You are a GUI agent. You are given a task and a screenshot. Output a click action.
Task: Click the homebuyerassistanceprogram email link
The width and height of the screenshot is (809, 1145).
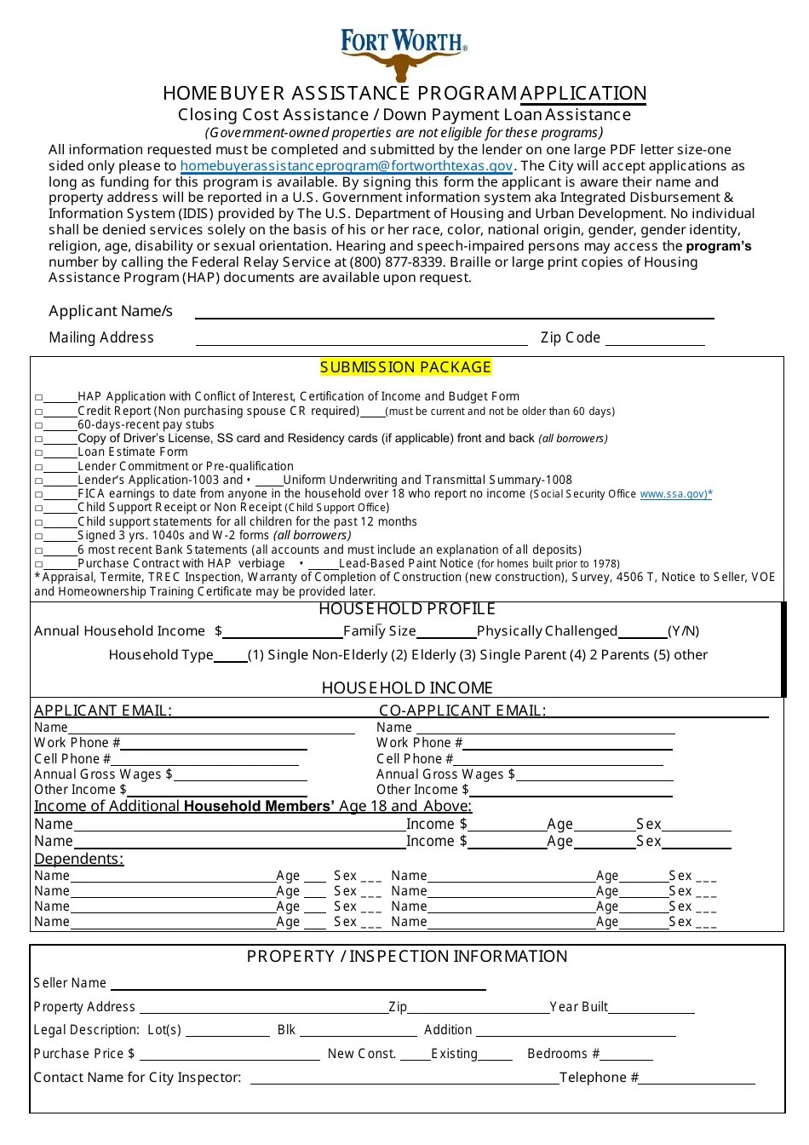(347, 166)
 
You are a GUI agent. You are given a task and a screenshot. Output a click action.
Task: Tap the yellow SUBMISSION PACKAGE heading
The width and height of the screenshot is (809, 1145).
(406, 367)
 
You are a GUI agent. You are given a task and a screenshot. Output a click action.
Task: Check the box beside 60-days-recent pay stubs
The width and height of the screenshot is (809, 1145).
(39, 425)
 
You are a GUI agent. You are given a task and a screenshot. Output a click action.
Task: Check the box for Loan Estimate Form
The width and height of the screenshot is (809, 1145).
(39, 453)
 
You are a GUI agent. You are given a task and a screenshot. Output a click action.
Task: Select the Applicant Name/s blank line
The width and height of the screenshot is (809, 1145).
(454, 312)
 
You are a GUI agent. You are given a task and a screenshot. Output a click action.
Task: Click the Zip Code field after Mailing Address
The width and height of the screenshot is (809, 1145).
(654, 338)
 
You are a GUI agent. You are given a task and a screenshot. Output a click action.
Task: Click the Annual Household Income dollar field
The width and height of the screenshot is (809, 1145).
(282, 631)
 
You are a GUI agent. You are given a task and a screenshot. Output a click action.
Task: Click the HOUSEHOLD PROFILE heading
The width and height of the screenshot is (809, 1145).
(406, 609)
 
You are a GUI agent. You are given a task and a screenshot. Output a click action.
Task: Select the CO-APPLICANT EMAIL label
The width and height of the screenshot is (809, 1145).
(462, 711)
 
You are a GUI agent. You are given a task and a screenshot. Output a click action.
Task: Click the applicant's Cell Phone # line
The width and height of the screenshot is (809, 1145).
(209, 758)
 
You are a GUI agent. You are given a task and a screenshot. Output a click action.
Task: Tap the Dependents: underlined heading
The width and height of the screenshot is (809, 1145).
(78, 859)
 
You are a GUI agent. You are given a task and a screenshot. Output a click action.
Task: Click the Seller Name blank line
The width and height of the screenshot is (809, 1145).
(298, 983)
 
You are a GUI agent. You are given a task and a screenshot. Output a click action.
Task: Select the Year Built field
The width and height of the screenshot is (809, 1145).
(651, 1007)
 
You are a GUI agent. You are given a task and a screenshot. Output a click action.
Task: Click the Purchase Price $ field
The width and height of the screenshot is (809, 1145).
(228, 1054)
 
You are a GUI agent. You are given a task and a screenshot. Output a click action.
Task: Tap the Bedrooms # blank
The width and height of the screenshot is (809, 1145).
(627, 1054)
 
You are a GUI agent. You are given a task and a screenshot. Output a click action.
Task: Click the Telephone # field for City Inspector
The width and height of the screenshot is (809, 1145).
(697, 1078)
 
